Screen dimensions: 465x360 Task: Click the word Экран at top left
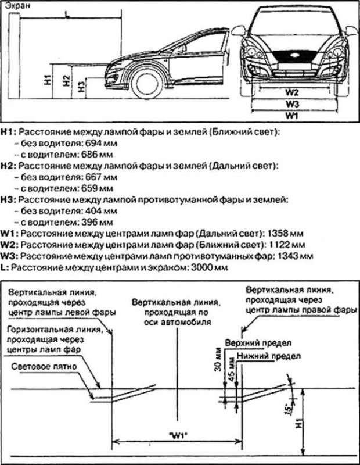tap(14, 6)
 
